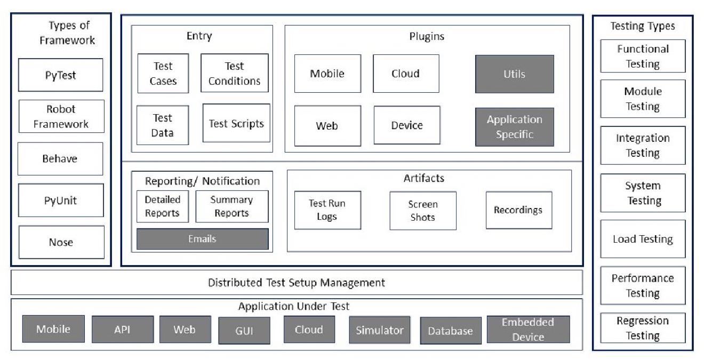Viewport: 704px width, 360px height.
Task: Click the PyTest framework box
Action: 60,75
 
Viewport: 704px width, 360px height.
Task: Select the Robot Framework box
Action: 61,116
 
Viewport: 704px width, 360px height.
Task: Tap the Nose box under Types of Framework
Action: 61,242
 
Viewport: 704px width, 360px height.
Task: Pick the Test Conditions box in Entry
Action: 234,73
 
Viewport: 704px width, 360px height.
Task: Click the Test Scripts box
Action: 236,123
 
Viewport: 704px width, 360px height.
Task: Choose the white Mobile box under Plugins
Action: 327,74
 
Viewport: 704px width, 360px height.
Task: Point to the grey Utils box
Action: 514,74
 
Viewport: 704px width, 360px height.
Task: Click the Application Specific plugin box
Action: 514,127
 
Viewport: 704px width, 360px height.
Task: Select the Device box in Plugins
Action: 407,125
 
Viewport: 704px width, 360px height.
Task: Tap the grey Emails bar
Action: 202,239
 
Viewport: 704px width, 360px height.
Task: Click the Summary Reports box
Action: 231,206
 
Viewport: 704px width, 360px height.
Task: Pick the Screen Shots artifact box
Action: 422,211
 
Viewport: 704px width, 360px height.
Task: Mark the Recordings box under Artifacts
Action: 518,210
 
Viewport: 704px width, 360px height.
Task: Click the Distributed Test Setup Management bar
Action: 297,283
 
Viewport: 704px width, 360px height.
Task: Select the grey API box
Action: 122,330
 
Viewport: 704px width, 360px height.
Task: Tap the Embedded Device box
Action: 528,330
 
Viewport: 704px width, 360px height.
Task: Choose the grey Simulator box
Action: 380,330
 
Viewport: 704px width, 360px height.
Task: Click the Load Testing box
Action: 643,239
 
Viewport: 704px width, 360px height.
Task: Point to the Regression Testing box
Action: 643,328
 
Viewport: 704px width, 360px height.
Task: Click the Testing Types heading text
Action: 643,26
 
